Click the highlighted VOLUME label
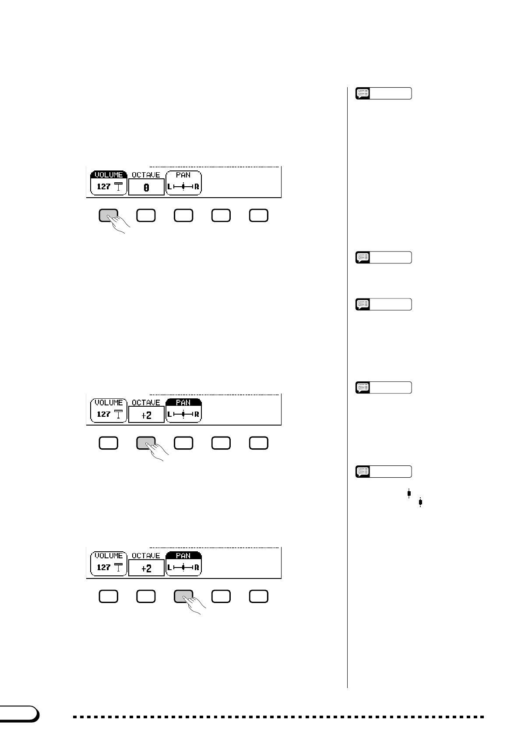click(x=109, y=175)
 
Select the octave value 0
click(x=146, y=187)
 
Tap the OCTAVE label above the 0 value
click(x=146, y=175)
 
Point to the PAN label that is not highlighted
click(x=183, y=175)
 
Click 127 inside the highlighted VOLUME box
click(x=103, y=187)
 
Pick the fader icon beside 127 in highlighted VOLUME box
click(x=118, y=187)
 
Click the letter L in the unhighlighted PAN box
click(x=170, y=187)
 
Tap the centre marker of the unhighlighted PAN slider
click(x=183, y=187)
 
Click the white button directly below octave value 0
click(x=146, y=215)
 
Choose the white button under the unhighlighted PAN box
click(x=183, y=215)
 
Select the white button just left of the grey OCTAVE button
click(x=109, y=443)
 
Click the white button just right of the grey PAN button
click(x=221, y=596)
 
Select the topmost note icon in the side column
click(x=363, y=93)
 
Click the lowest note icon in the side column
click(x=363, y=472)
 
